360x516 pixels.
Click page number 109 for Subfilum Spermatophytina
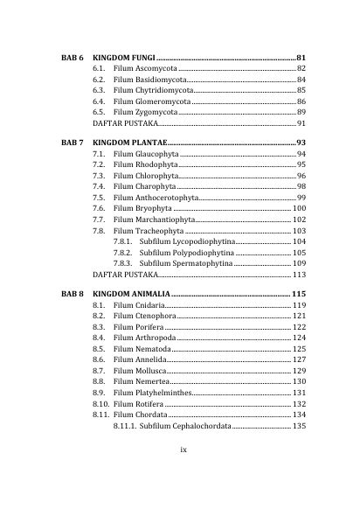[x=298, y=262]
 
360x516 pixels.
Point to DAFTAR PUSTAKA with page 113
[x=127, y=274]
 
